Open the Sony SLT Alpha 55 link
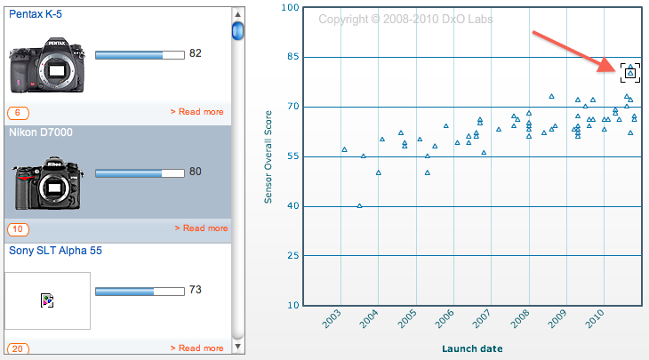click(55, 250)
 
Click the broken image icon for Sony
click(47, 301)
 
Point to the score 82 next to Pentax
click(196, 53)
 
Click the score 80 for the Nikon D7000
click(196, 172)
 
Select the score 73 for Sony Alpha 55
click(196, 290)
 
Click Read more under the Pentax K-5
click(196, 112)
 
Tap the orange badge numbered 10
click(18, 230)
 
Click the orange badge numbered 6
click(18, 113)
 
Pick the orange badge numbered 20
click(18, 348)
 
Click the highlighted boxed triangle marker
click(629, 73)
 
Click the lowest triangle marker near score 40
click(359, 205)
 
